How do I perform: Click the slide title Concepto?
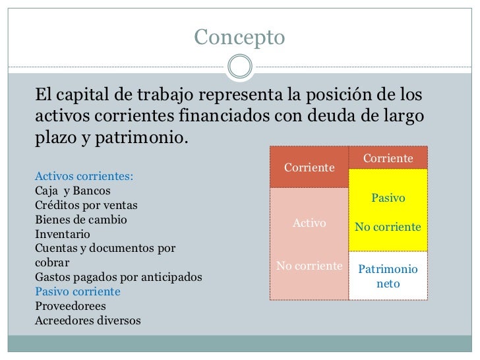click(x=239, y=38)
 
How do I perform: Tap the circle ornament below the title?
click(x=239, y=65)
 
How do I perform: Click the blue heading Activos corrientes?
click(x=83, y=177)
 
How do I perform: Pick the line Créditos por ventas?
click(x=86, y=205)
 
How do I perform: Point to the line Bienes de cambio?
click(x=81, y=220)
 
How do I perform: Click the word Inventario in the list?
click(x=63, y=234)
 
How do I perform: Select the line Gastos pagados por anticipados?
click(x=118, y=277)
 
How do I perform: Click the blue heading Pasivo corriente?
click(x=77, y=291)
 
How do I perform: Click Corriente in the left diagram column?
click(x=309, y=167)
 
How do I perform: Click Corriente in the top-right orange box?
click(x=388, y=159)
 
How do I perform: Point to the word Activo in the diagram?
click(x=309, y=223)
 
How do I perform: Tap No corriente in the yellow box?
click(x=388, y=227)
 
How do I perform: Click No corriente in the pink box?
click(x=309, y=266)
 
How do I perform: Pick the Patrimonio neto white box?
click(x=388, y=277)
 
